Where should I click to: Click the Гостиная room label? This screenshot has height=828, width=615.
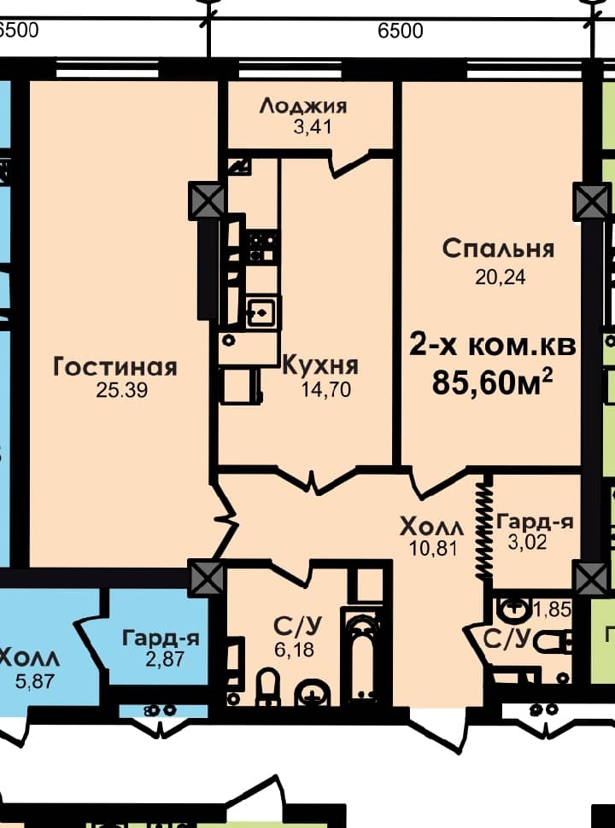click(x=115, y=367)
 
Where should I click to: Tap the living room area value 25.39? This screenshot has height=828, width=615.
click(x=122, y=390)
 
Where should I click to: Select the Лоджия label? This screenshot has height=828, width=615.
click(x=303, y=106)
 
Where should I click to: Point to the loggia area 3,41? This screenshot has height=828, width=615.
click(x=313, y=127)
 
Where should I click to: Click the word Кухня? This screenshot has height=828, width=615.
click(x=320, y=365)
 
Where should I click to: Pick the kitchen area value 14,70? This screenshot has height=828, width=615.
click(x=326, y=390)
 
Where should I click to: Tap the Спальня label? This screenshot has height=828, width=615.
click(x=498, y=248)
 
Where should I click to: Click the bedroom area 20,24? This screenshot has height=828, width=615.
click(x=501, y=277)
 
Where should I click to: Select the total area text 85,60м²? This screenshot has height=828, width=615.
click(x=492, y=382)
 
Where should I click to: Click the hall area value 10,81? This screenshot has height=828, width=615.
click(x=433, y=549)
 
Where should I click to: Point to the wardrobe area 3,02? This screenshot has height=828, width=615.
click(x=527, y=542)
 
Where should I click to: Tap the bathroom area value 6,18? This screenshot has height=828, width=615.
click(x=294, y=650)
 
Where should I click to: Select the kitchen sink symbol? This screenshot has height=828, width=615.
click(x=261, y=312)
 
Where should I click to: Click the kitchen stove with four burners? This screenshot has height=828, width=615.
click(x=261, y=248)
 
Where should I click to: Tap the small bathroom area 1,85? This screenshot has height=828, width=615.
click(x=553, y=609)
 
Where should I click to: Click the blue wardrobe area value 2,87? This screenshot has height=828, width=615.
click(x=165, y=659)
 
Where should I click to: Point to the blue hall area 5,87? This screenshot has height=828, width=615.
click(x=35, y=681)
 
